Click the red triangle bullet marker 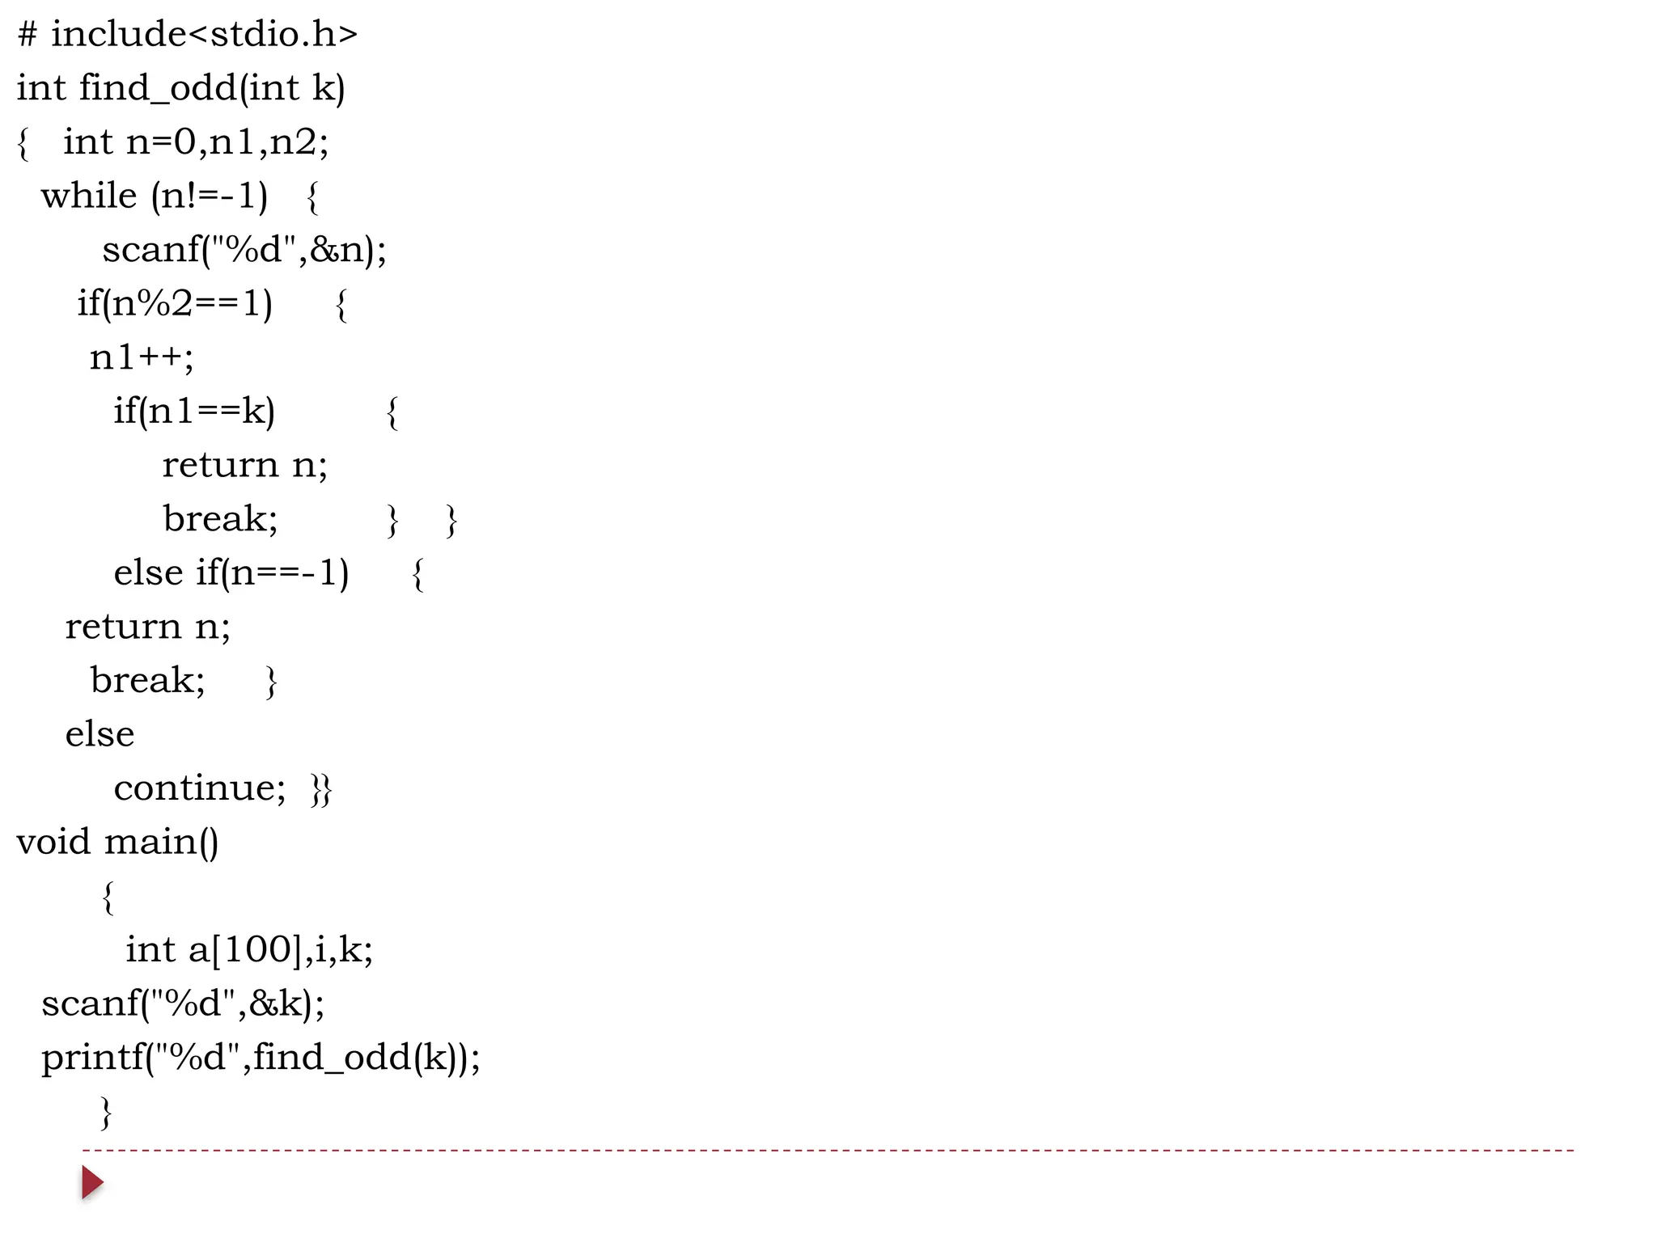92,1182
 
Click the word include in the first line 118,34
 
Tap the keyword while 89,196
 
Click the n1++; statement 142,357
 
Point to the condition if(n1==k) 194,411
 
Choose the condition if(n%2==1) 175,303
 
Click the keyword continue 199,788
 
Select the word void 53,842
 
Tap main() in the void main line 161,842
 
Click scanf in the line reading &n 150,250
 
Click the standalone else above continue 100,734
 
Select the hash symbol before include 27,34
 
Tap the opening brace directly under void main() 108,897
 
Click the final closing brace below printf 106,1112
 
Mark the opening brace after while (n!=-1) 313,196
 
